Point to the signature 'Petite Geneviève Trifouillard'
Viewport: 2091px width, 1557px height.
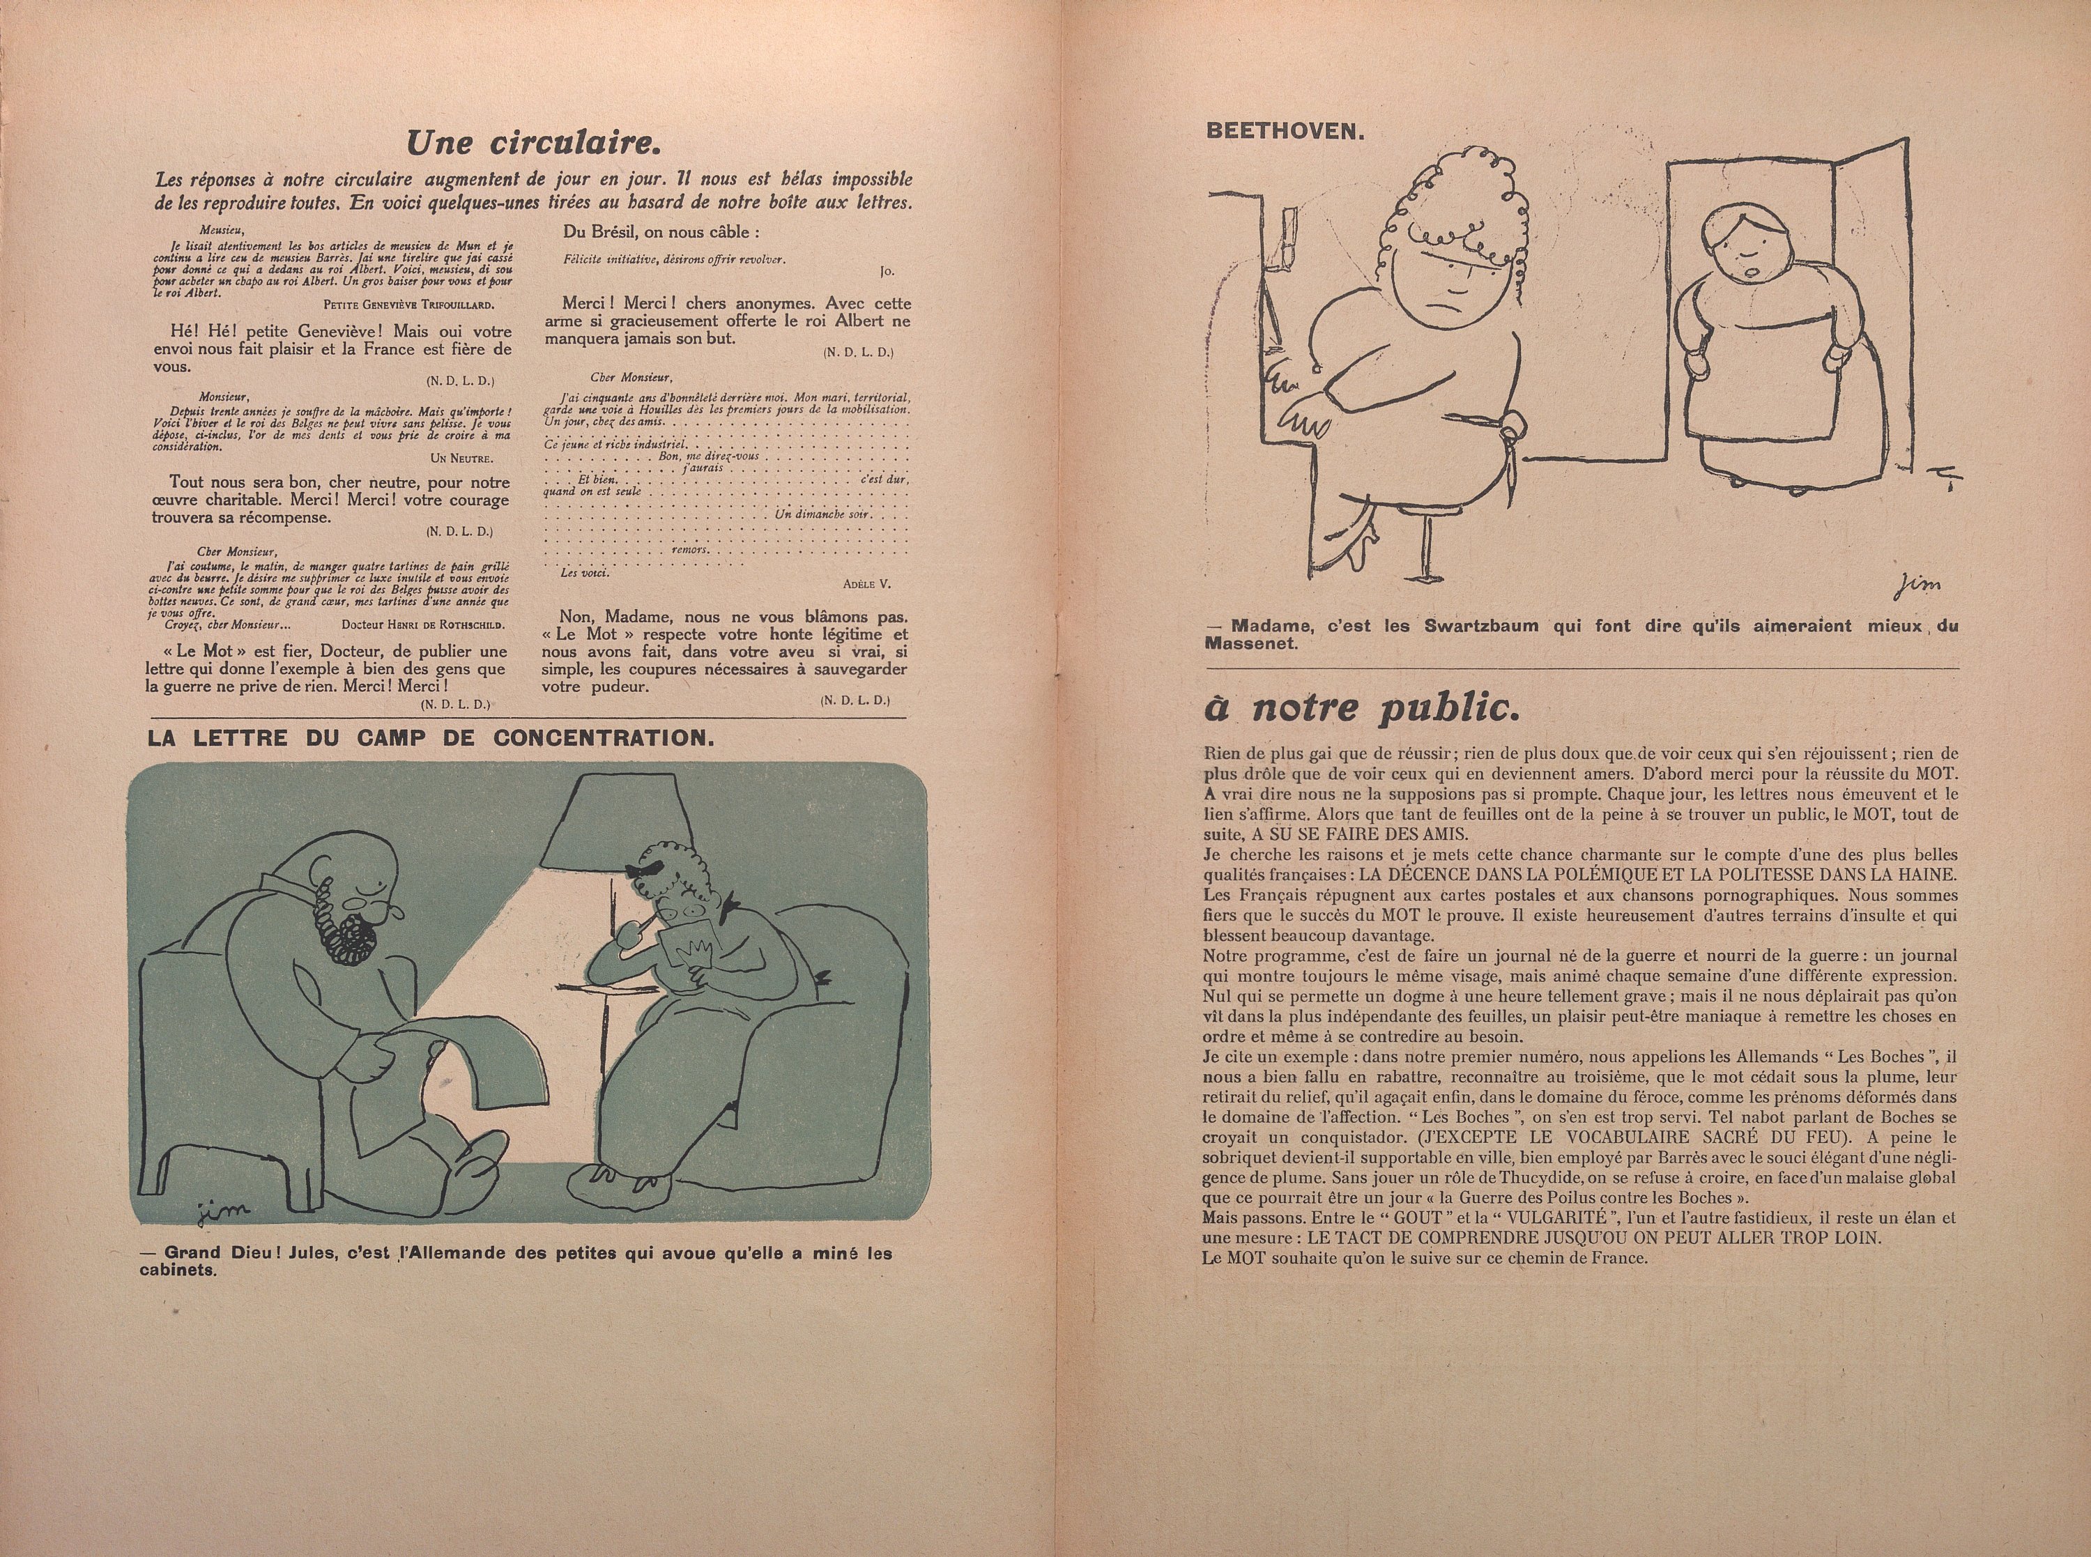click(x=407, y=305)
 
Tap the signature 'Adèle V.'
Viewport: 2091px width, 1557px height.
click(x=867, y=584)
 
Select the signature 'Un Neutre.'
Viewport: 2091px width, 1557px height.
click(x=461, y=458)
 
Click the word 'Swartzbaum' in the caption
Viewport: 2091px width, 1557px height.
click(x=1475, y=627)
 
